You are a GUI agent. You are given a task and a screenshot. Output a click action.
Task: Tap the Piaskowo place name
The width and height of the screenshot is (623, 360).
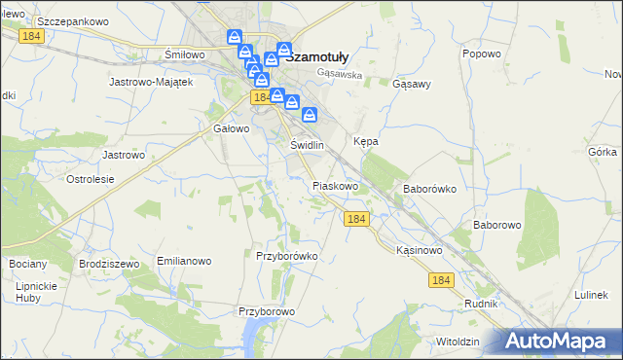point(336,186)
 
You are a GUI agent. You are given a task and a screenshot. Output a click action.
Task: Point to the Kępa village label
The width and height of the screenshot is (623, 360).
point(365,141)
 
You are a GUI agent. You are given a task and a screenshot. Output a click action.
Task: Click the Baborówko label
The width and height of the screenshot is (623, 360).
point(429,189)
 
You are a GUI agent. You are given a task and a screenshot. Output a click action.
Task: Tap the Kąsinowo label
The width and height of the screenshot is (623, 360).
point(420,250)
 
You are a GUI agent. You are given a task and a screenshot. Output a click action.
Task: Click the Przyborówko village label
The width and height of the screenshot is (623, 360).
point(287,256)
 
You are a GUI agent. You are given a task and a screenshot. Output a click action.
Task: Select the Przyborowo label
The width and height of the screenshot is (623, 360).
point(267,312)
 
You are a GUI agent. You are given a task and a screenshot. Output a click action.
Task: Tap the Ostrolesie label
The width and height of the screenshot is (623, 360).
point(91,179)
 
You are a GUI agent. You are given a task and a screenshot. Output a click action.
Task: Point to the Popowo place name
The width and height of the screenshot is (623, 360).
point(482,54)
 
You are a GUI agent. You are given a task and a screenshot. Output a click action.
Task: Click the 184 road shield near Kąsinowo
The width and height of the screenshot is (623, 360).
point(441,280)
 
